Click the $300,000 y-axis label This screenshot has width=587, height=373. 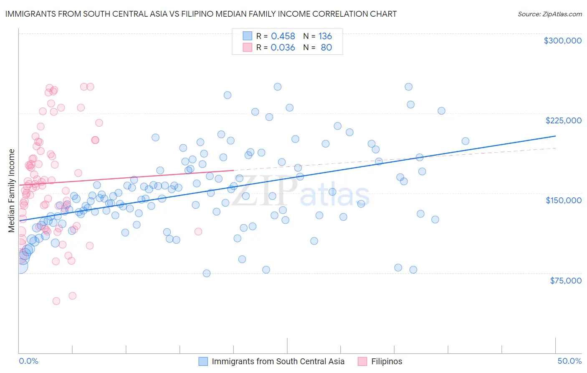pos(562,41)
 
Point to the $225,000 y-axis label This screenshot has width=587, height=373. pos(563,120)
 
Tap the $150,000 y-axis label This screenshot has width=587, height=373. pos(563,200)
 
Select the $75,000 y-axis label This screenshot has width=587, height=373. pos(565,281)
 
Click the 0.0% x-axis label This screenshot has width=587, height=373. pos(28,361)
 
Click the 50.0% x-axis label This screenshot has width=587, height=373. pos(569,361)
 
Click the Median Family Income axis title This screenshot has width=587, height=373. pos(11,191)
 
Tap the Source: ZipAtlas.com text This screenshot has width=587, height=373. pos(549,14)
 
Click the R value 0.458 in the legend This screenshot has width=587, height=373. pos(283,36)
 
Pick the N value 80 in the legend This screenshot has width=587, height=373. pos(326,48)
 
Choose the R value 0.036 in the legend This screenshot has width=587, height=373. pos(283,48)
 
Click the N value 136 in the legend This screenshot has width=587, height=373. pos(325,36)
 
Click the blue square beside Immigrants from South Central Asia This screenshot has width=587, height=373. pos(203,361)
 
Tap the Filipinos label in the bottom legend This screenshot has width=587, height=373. pos(387,361)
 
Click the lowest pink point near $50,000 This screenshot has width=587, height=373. pos(56,301)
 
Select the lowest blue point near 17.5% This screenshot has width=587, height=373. pos(206,273)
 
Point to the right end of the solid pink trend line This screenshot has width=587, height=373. pos(233,170)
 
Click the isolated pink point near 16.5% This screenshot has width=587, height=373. pos(198,231)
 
